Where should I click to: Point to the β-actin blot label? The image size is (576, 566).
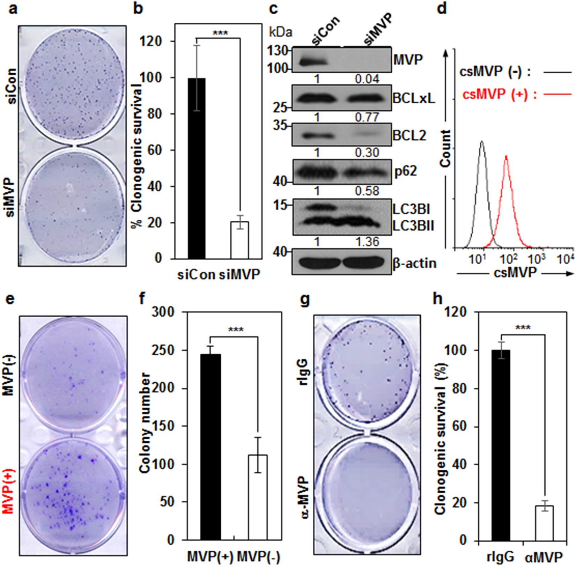pyautogui.click(x=414, y=263)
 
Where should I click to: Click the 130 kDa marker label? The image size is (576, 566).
pyautogui.click(x=278, y=52)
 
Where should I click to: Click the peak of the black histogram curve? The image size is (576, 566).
pyautogui.click(x=482, y=142)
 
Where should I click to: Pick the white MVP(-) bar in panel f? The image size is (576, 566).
pyautogui.click(x=258, y=497)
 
